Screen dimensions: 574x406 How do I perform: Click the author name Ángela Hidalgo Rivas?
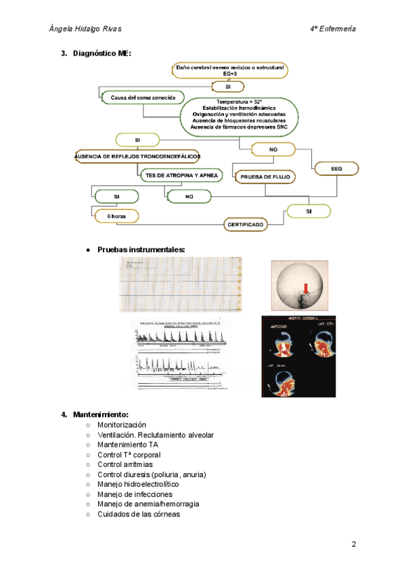(x=91, y=29)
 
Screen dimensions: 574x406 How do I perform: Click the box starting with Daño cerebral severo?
(x=230, y=70)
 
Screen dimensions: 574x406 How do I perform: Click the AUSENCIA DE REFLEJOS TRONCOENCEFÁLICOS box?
(x=137, y=156)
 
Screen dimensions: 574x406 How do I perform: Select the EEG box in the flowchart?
(x=336, y=168)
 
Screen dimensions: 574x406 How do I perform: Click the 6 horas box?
(x=117, y=217)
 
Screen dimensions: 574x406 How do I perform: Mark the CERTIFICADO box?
(x=245, y=224)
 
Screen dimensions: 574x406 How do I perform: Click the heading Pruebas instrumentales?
(x=141, y=250)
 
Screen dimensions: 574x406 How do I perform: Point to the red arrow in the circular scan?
(x=307, y=289)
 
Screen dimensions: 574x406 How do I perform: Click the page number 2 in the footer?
(x=353, y=544)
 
